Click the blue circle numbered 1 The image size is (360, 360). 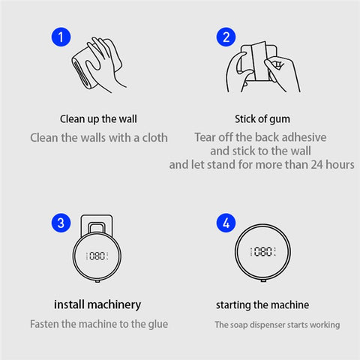61,37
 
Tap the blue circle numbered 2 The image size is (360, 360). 226,37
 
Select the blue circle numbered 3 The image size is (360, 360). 61,223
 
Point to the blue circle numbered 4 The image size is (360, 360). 226,223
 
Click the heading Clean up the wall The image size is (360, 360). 98,119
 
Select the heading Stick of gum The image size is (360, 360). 262,119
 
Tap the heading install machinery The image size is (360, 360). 97,304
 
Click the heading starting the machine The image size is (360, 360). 262,305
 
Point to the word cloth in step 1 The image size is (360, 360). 155,138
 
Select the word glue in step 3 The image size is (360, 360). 158,324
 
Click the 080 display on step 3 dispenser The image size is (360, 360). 97,256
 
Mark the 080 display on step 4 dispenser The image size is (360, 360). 262,251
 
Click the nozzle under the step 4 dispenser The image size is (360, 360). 263,280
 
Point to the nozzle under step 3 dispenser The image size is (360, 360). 97,281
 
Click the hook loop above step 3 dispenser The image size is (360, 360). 97,228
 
